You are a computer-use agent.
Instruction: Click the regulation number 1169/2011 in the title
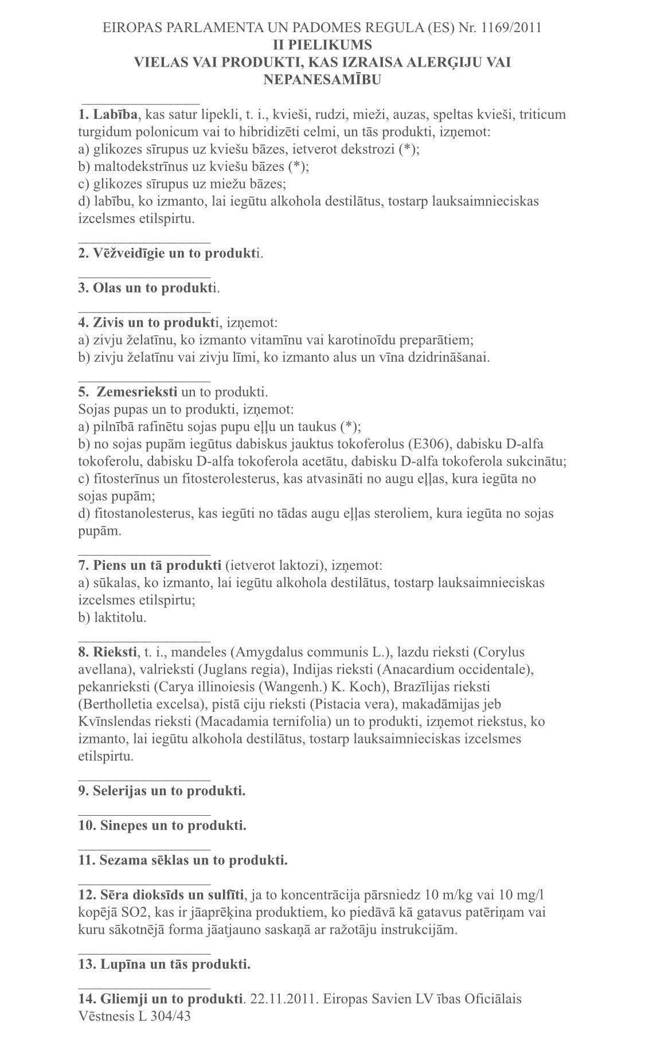tap(514, 27)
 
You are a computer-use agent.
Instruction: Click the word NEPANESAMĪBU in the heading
tap(322, 80)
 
